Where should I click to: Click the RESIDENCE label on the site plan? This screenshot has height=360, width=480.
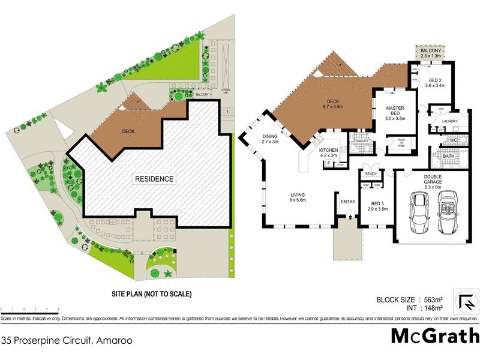(154, 179)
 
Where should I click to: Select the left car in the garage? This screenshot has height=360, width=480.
(418, 215)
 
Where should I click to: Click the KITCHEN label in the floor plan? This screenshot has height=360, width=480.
(329, 151)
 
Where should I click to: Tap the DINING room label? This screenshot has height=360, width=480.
(270, 139)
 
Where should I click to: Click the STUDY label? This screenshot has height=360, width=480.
(370, 175)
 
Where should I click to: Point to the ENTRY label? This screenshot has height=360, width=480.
(348, 202)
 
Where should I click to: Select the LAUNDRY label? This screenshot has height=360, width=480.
(449, 121)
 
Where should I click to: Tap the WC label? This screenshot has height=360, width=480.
(454, 141)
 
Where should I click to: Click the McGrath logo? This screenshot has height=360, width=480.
(435, 335)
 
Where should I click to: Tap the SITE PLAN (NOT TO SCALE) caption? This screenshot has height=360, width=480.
(151, 294)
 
